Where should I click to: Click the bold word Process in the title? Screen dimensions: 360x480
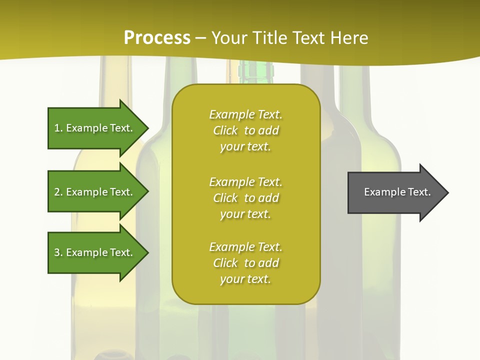[157, 38]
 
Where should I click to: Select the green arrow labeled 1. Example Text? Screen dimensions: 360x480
[95, 128]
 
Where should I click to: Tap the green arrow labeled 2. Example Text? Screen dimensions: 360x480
[95, 192]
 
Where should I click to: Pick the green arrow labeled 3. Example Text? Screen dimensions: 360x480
[95, 252]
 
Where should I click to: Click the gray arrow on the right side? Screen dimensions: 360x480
[395, 192]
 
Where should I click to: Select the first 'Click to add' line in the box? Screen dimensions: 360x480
[246, 130]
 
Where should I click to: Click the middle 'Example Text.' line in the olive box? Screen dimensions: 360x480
[246, 181]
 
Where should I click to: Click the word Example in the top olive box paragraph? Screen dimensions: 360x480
[231, 114]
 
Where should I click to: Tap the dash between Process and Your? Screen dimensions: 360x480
[200, 38]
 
